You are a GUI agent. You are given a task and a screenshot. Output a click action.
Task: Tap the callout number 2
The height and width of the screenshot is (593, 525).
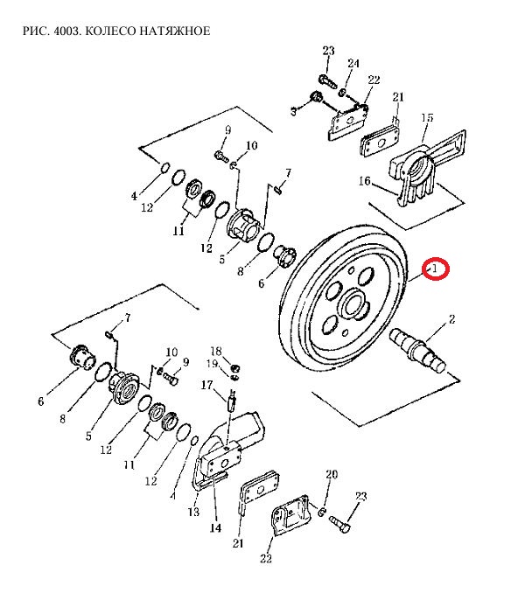(452, 320)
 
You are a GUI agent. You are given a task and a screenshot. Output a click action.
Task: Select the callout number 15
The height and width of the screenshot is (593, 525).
(428, 117)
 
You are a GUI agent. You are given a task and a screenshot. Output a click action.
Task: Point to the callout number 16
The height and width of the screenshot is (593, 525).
(365, 182)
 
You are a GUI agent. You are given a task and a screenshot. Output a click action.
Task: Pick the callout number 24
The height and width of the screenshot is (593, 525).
(353, 64)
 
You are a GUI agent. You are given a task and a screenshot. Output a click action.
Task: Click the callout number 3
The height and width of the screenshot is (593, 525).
(295, 112)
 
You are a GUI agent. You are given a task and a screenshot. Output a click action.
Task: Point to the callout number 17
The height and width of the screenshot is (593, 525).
(207, 384)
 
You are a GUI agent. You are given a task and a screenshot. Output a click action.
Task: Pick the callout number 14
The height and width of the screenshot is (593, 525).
(215, 528)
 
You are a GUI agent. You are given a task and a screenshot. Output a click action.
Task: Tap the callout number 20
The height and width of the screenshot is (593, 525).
(331, 475)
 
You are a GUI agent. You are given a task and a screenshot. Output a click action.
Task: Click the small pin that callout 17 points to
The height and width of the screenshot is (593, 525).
(232, 404)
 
